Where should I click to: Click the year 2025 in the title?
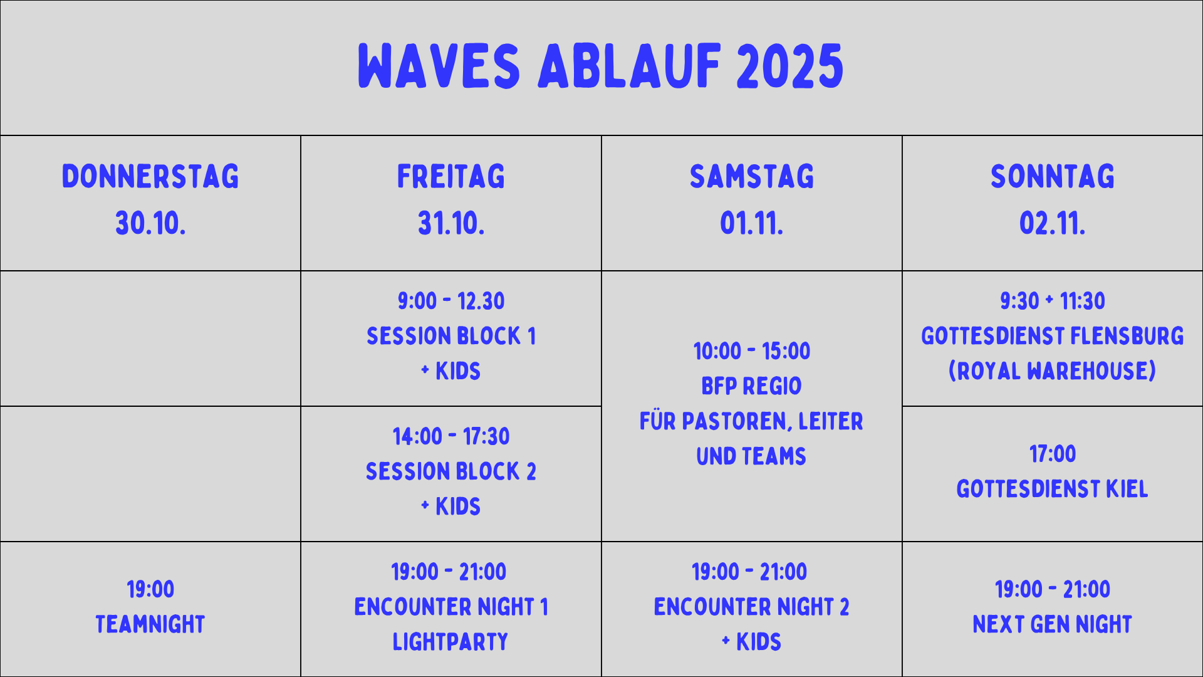click(x=789, y=66)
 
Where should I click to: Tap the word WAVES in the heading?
click(x=439, y=66)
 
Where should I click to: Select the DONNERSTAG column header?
click(x=150, y=176)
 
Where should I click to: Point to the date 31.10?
click(x=451, y=223)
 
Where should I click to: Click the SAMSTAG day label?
click(x=752, y=176)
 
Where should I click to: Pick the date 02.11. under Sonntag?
click(x=1053, y=223)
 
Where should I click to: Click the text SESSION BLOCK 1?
click(x=451, y=336)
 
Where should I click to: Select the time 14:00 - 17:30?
click(x=451, y=436)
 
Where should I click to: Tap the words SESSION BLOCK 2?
click(x=451, y=471)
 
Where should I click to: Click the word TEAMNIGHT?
click(x=150, y=624)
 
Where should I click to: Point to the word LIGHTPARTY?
click(x=450, y=642)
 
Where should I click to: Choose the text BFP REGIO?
click(x=752, y=386)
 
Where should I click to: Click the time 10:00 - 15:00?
click(x=752, y=351)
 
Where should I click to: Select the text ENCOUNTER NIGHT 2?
click(x=752, y=607)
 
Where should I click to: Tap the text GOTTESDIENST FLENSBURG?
click(x=1053, y=336)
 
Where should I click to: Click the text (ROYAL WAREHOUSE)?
click(x=1053, y=371)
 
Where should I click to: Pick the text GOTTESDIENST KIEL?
click(x=1053, y=489)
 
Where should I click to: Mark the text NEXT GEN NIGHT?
click(x=1053, y=624)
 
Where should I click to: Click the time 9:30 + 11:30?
click(x=1053, y=301)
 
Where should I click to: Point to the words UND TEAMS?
click(x=752, y=456)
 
